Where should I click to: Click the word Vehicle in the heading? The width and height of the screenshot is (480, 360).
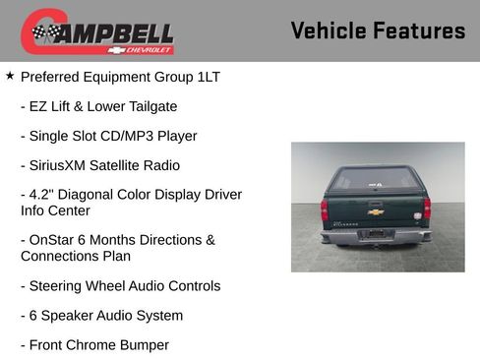coord(329,31)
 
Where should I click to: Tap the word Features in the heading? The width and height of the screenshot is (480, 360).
coord(419,31)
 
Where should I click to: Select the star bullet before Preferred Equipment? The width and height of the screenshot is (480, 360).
coord(10,75)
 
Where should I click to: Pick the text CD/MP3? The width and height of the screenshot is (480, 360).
coord(124,136)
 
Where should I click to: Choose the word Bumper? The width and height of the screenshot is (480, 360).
coord(142,345)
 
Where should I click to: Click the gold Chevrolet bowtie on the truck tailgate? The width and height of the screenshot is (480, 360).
coord(376,210)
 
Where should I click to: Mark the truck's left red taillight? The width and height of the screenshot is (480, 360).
coord(325,210)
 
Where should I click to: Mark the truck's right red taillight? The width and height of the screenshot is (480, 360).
coord(427,209)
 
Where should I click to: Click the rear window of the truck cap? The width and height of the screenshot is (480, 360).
coord(376,180)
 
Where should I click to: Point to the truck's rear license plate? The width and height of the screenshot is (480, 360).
coord(375,234)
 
